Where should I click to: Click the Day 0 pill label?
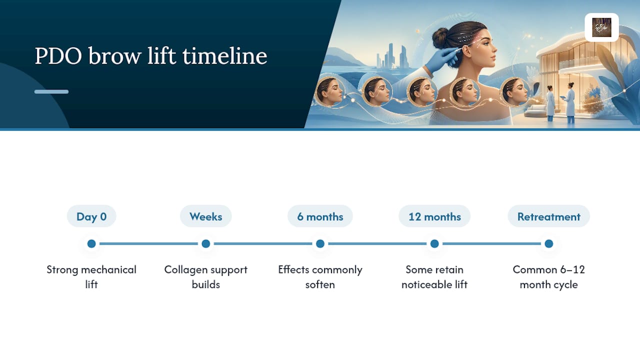click(x=91, y=216)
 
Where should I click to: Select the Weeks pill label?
click(x=205, y=216)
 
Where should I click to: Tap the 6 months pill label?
click(x=320, y=216)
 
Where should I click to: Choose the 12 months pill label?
click(x=434, y=216)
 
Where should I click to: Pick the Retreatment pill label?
click(x=549, y=216)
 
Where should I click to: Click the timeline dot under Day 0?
click(x=91, y=243)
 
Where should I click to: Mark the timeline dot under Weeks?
click(x=205, y=243)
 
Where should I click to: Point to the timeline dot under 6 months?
click(x=320, y=243)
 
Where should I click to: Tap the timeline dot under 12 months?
click(x=434, y=243)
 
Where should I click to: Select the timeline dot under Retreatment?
click(x=549, y=243)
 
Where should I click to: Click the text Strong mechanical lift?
click(x=91, y=277)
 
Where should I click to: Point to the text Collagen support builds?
click(x=205, y=277)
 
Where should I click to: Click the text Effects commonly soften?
click(x=320, y=277)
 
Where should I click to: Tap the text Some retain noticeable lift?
click(x=434, y=277)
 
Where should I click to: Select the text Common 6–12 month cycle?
click(x=549, y=277)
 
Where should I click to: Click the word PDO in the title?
click(x=58, y=56)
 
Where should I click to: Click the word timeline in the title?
click(x=225, y=55)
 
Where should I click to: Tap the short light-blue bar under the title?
click(x=51, y=91)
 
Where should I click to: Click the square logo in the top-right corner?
click(x=601, y=27)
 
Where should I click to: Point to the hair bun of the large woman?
click(x=439, y=38)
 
